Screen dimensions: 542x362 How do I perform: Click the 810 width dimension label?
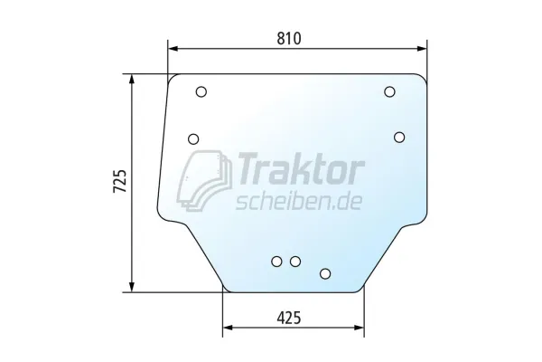289,38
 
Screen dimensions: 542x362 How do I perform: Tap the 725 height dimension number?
120,181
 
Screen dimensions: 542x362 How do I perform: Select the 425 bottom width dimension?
289,318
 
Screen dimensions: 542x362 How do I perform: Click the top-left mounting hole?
201,91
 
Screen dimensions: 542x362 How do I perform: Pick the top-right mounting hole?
389,91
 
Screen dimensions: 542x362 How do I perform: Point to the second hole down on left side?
193,139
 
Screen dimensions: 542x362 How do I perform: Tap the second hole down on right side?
399,138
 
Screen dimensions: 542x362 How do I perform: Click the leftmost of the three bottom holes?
277,262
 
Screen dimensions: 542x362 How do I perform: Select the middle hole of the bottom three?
295,262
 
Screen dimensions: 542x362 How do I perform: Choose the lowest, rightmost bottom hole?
325,273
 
